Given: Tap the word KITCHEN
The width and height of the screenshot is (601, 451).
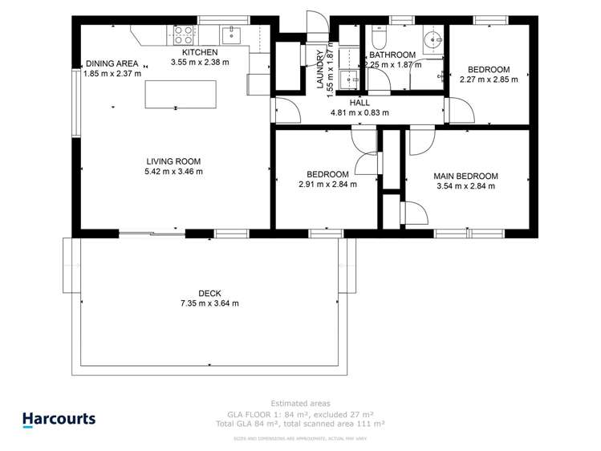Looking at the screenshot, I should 199,52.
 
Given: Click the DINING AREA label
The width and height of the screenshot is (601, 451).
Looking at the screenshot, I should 112,63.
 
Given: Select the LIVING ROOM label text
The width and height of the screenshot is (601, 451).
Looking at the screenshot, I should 173,160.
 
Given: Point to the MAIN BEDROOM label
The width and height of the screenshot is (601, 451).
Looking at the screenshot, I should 465,176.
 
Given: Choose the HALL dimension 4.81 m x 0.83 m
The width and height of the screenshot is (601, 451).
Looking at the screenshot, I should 359,113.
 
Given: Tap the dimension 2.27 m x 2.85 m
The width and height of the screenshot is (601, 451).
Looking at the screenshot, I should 488,79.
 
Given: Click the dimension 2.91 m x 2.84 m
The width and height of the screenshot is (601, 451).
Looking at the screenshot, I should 327,185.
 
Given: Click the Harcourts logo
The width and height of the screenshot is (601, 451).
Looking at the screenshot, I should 59,419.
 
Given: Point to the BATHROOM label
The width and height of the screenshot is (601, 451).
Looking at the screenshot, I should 392,54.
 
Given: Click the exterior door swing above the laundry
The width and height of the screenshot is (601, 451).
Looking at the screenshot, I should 314,23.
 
